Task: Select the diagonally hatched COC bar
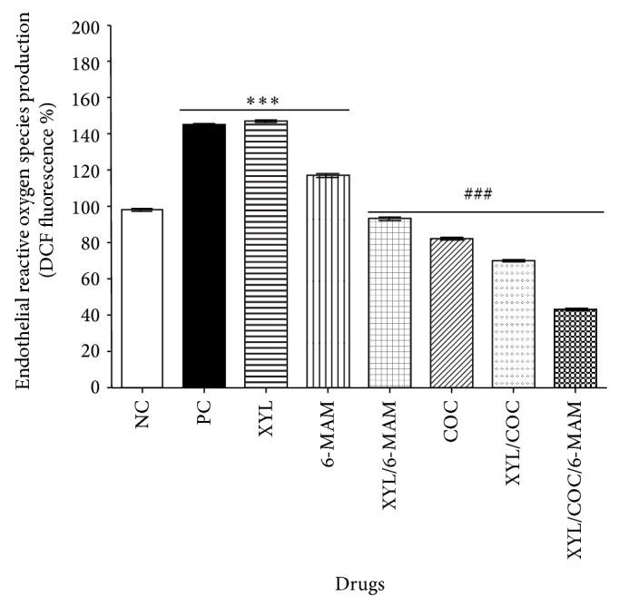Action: (451, 313)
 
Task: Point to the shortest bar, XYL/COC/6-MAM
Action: (575, 348)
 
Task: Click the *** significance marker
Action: (265, 101)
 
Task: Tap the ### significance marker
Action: (477, 194)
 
